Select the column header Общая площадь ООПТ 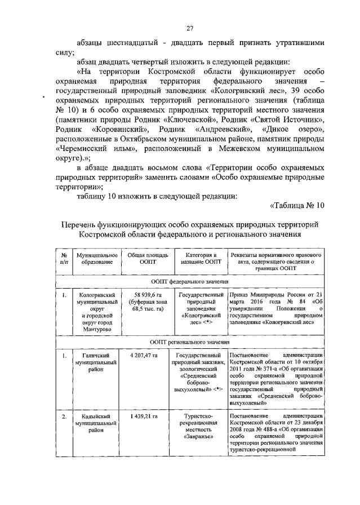click(x=145, y=259)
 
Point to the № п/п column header click(x=64, y=259)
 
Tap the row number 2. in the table click(x=64, y=417)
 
